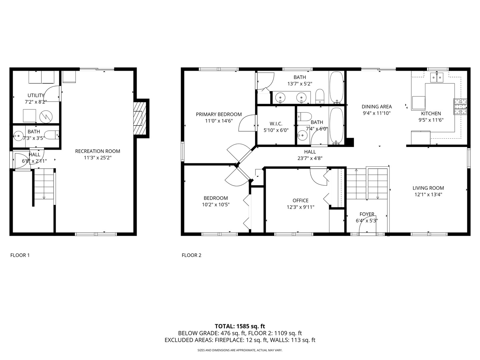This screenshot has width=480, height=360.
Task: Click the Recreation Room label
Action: pyautogui.click(x=97, y=151)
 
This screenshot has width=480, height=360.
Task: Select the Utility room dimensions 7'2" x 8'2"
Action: pyautogui.click(x=36, y=102)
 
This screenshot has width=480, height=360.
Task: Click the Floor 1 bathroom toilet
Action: pyautogui.click(x=52, y=135)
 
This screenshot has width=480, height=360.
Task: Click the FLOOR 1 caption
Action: pyautogui.click(x=20, y=255)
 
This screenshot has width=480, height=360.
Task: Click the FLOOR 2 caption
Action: pyautogui.click(x=191, y=255)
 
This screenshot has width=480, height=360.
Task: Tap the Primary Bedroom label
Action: pyautogui.click(x=219, y=114)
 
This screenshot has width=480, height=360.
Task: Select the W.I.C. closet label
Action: pyautogui.click(x=276, y=124)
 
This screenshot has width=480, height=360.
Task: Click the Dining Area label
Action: pyautogui.click(x=377, y=107)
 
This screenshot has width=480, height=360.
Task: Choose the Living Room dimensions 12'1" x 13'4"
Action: pyautogui.click(x=428, y=195)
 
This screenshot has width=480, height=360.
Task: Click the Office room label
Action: pyautogui.click(x=300, y=200)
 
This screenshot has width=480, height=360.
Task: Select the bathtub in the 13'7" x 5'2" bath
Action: pyautogui.click(x=336, y=88)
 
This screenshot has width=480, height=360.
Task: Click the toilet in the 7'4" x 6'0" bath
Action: pyautogui.click(x=304, y=116)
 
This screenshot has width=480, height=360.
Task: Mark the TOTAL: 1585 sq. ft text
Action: pyautogui.click(x=240, y=326)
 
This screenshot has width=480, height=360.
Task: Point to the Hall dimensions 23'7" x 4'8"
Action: pyautogui.click(x=310, y=159)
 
